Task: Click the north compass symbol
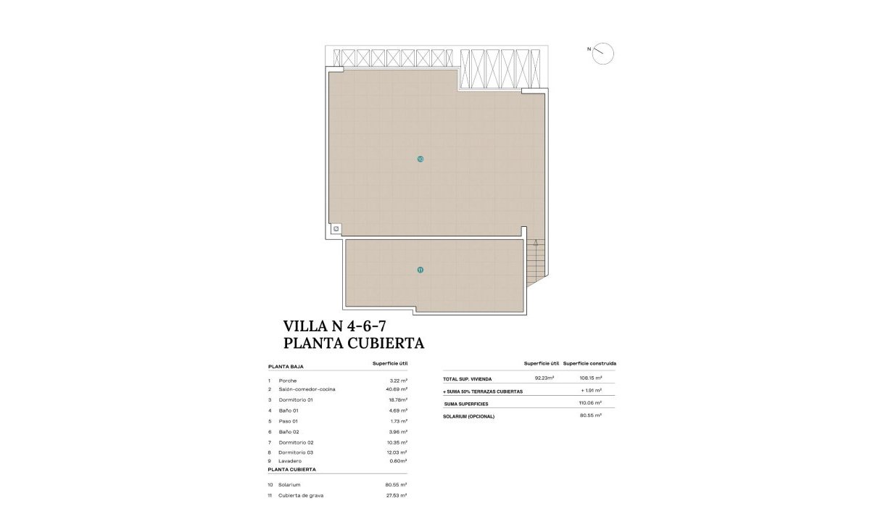(602, 53)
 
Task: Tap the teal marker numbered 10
(420, 159)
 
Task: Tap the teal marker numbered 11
(420, 270)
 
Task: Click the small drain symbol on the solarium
(336, 228)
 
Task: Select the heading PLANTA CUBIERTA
(353, 343)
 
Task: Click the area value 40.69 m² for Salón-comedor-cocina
(397, 389)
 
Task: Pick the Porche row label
(287, 381)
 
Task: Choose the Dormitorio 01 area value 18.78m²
(397, 399)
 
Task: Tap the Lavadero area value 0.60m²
(397, 460)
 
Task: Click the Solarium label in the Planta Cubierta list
(289, 484)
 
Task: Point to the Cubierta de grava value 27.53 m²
(397, 495)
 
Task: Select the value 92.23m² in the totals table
(544, 378)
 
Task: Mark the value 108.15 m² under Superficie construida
(591, 378)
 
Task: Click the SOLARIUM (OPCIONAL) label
(468, 416)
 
